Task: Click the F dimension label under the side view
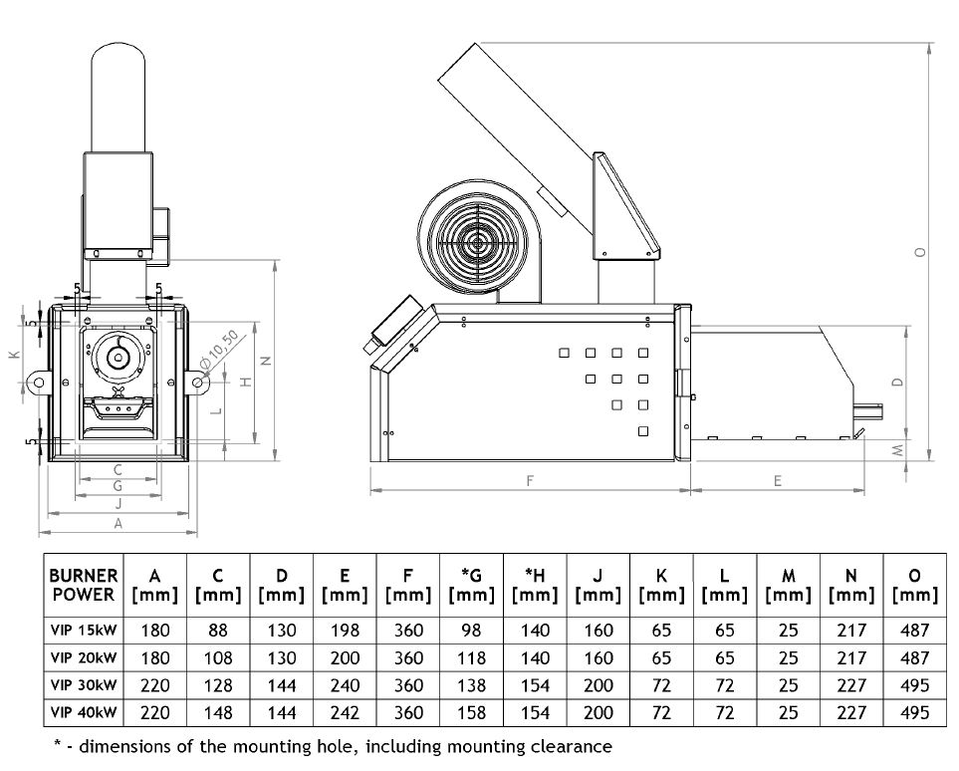tap(530, 480)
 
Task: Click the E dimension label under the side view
tap(778, 480)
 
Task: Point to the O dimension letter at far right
tap(921, 252)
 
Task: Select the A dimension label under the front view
tap(119, 522)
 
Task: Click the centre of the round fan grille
tap(479, 242)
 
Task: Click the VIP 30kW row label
tap(84, 685)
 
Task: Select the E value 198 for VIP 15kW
tap(345, 631)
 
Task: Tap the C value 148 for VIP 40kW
tap(218, 712)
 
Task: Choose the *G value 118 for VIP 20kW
tap(472, 658)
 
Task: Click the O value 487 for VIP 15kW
tap(913, 631)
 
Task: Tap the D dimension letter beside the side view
tap(896, 382)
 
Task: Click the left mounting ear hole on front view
tap(39, 382)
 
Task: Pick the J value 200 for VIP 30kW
tap(599, 685)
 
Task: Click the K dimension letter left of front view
tap(14, 356)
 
